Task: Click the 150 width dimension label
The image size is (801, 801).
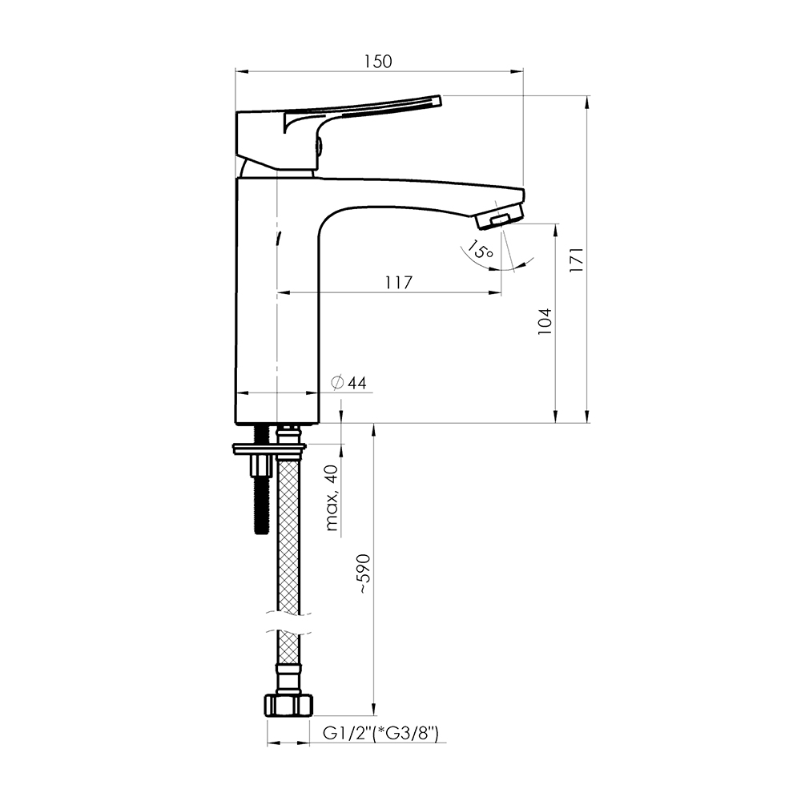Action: click(x=378, y=62)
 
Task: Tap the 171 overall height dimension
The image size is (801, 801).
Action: click(x=577, y=260)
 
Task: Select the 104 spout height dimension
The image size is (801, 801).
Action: click(x=545, y=321)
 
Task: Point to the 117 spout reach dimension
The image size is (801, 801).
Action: click(x=398, y=282)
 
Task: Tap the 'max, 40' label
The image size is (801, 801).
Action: click(x=332, y=497)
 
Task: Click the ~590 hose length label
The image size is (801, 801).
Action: click(x=364, y=574)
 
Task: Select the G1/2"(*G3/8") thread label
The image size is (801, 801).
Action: click(x=380, y=734)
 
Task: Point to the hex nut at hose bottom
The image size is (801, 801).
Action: click(x=288, y=706)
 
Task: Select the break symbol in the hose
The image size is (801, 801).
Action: click(x=288, y=622)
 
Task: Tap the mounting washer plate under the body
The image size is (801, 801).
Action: click(x=269, y=449)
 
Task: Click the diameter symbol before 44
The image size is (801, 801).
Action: click(x=336, y=383)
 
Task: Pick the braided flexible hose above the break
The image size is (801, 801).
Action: click(x=288, y=534)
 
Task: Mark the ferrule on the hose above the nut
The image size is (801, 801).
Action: click(x=288, y=678)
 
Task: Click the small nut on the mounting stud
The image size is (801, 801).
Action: click(x=260, y=465)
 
